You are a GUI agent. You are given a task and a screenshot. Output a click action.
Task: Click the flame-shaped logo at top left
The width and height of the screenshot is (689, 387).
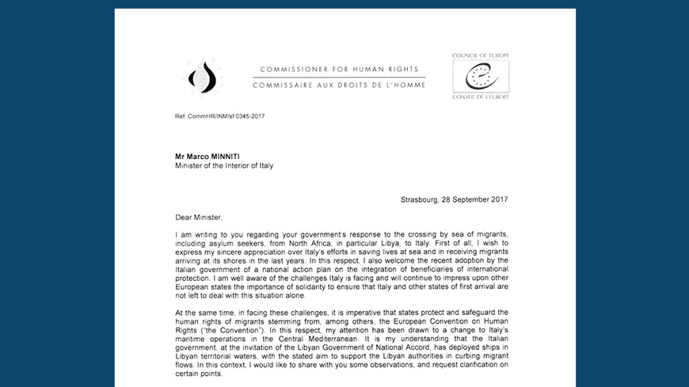pos(204,77)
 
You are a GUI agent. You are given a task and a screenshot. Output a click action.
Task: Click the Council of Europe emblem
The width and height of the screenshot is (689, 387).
pos(480,77)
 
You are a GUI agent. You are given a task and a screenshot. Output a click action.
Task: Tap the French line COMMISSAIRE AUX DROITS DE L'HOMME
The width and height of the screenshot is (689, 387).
pos(339,83)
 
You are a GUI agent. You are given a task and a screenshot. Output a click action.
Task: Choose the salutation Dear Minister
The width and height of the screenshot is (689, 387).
pos(201,215)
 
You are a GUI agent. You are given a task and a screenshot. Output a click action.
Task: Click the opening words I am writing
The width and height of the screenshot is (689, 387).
pos(200,234)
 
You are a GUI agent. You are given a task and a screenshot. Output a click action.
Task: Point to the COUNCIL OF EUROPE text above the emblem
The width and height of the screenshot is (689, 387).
pos(480,56)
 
